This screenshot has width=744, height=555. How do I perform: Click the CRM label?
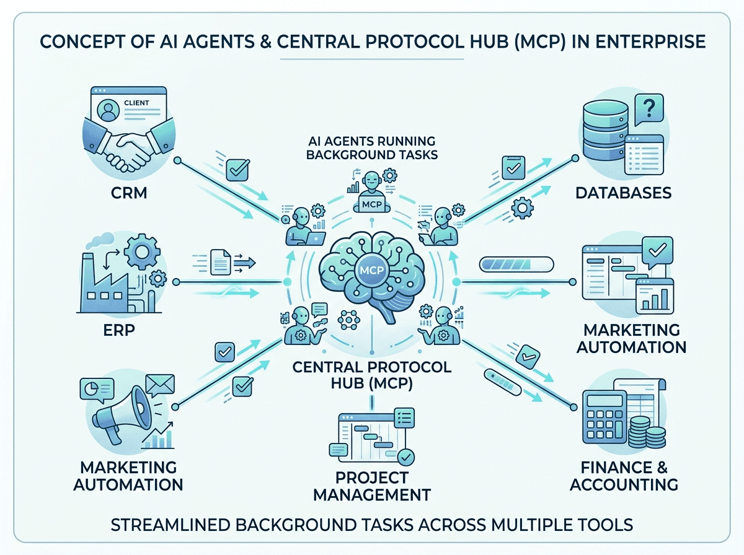click(129, 193)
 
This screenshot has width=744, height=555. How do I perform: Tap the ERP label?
click(119, 330)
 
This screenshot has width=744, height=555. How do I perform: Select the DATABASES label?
click(623, 193)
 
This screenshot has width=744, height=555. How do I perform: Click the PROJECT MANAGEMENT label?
click(372, 486)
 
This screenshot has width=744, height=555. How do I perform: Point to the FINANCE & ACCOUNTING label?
click(624, 476)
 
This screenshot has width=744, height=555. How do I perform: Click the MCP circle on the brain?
click(372, 270)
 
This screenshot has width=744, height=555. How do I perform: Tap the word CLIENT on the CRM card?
click(136, 103)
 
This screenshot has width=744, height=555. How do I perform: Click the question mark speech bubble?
click(649, 110)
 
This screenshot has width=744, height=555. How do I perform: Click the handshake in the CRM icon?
click(128, 145)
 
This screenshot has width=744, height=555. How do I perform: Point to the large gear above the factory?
click(142, 251)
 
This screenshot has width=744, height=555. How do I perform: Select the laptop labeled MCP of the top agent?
click(372, 204)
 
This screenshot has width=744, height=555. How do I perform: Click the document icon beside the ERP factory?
click(221, 263)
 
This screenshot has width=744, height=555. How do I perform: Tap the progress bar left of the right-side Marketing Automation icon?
click(516, 264)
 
